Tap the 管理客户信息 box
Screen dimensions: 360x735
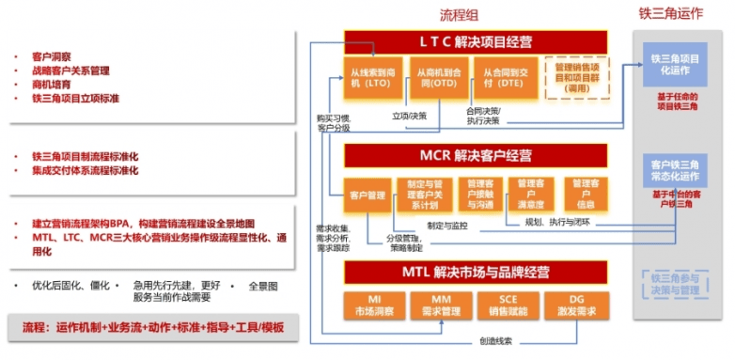585,193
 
